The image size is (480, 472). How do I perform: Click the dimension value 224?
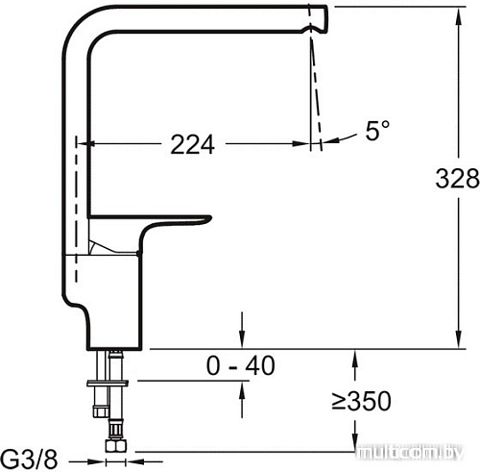[x=192, y=144]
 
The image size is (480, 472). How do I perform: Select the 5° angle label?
[x=377, y=132]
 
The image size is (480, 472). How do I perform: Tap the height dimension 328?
[x=456, y=179]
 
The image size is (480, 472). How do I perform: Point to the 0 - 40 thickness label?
[x=241, y=365]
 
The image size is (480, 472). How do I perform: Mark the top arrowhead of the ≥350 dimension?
[x=355, y=357]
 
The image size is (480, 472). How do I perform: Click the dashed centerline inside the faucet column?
[x=75, y=163]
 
